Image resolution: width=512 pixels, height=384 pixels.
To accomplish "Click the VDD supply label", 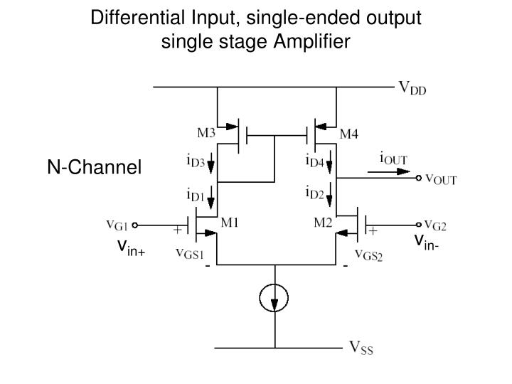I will point(412,89).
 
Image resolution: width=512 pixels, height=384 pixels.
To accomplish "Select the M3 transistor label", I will point(207,132).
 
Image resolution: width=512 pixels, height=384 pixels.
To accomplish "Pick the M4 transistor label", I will point(349,133).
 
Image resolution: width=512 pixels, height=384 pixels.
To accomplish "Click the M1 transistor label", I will point(229,222).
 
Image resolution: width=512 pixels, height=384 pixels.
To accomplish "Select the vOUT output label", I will point(441,179).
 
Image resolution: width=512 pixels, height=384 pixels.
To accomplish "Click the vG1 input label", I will point(117,225).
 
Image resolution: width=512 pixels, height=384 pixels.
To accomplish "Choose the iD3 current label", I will point(196,162).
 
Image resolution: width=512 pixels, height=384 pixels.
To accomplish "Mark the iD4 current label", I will point(314,162).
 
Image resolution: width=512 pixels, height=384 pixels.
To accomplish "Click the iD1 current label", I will point(196,193).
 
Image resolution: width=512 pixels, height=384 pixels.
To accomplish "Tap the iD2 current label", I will point(314,193).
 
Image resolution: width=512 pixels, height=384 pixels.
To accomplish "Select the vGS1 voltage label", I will point(190,255).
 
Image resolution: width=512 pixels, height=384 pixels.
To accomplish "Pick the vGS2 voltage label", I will point(368,256).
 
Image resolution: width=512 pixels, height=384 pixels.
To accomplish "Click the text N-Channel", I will point(95,168).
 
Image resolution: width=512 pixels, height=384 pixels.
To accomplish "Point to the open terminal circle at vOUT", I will point(419,179).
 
